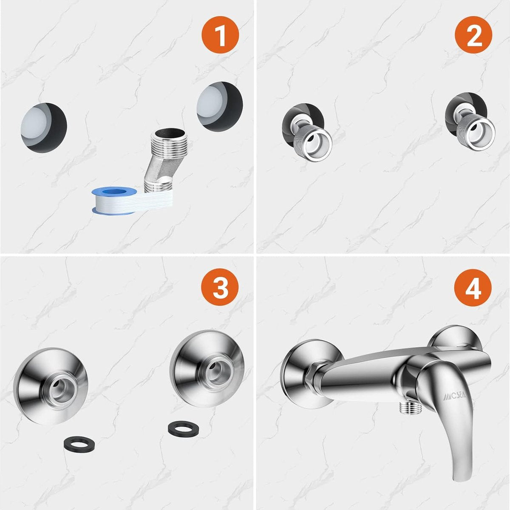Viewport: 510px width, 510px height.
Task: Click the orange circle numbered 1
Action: point(220,35)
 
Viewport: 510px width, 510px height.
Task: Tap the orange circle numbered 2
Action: point(473,35)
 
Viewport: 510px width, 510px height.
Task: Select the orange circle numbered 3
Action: point(220,287)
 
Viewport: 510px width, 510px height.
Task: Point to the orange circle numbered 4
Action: point(473,288)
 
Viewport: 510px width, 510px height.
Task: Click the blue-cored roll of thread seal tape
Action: point(114,201)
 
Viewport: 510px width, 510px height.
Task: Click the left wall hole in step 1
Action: point(44,128)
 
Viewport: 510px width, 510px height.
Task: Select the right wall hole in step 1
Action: point(220,106)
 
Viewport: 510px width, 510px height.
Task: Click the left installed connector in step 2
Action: point(307,132)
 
